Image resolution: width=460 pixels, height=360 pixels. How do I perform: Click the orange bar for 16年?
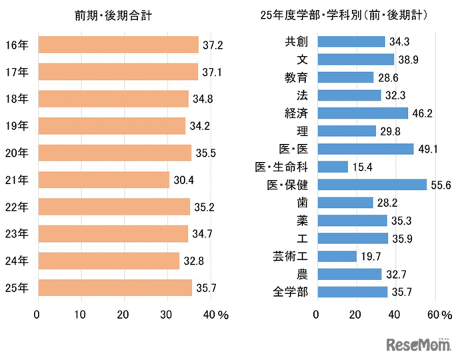tap(118, 45)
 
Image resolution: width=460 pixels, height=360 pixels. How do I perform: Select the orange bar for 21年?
tap(103, 179)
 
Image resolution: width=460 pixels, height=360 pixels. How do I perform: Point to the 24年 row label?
tap(16, 261)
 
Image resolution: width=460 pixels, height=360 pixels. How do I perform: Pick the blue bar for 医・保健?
tap(372, 185)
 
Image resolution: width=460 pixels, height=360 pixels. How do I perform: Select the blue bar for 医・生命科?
tap(333, 167)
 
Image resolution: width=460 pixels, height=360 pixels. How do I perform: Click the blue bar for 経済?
tap(363, 113)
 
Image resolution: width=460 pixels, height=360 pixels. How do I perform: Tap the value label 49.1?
tap(428, 149)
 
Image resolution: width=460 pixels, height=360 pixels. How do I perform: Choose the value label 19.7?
tap(371, 256)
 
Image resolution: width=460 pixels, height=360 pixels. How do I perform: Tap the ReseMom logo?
tap(417, 344)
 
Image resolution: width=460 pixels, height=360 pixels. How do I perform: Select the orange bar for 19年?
tap(111, 125)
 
